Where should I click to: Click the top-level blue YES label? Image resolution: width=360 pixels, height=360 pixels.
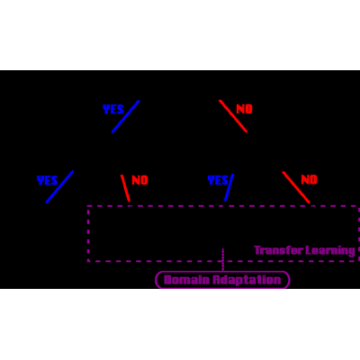[x=113, y=110]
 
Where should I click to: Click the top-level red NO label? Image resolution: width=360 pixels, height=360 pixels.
[x=245, y=109]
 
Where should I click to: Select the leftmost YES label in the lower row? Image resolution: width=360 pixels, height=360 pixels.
[x=47, y=181]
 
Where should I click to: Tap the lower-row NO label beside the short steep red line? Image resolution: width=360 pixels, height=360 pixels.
[x=140, y=180]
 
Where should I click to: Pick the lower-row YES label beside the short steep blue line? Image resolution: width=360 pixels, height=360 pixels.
[x=218, y=180]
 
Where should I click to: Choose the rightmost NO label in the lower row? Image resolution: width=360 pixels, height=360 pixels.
[x=310, y=180]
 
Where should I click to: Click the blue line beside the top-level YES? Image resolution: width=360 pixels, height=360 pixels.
[x=126, y=117]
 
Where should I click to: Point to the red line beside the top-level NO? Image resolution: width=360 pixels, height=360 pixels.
[x=233, y=116]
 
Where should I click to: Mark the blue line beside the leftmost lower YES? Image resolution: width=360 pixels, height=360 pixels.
[x=59, y=187]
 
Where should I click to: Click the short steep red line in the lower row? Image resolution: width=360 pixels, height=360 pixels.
[x=125, y=188]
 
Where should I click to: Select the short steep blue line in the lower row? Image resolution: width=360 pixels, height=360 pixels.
[x=229, y=187]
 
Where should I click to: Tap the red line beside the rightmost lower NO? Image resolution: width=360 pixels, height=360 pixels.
[x=296, y=187]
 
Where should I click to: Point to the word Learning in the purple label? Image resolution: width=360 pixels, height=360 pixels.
[x=330, y=251]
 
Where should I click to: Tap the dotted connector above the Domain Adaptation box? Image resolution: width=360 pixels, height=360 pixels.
[x=223, y=259]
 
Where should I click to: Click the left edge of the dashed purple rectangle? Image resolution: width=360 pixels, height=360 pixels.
[x=88, y=233]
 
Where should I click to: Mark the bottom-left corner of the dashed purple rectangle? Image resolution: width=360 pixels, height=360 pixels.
[x=88, y=261]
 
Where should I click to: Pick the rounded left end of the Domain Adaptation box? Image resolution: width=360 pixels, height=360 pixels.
[x=156, y=280]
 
